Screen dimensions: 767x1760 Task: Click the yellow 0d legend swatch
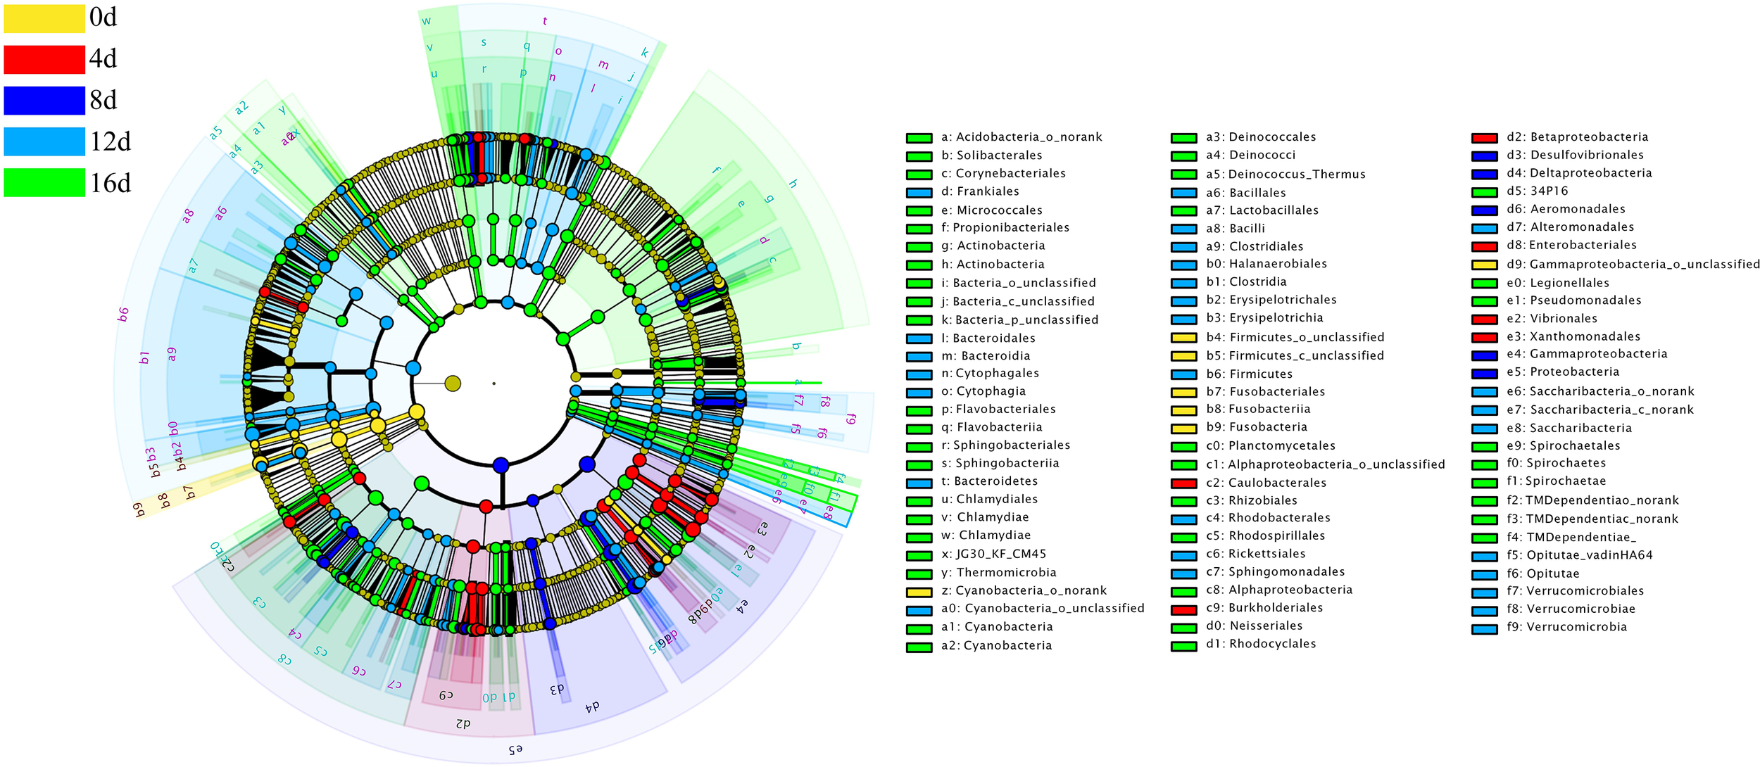tap(44, 18)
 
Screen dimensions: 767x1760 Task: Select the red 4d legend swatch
tap(44, 59)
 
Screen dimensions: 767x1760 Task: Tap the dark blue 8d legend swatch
tap(44, 101)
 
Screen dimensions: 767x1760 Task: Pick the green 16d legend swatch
tap(44, 183)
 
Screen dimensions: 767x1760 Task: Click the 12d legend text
tap(110, 142)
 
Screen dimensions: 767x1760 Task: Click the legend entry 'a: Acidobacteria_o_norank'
tap(1021, 137)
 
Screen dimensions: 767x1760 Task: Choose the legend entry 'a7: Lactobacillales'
tap(1262, 210)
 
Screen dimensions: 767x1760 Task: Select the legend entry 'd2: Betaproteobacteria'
tap(1577, 137)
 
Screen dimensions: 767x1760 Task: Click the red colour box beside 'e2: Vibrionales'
tap(1484, 319)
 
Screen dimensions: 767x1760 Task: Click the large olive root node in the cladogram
tap(453, 383)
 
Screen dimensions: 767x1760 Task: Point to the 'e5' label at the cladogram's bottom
tap(515, 750)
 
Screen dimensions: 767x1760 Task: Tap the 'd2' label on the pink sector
tap(463, 723)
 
